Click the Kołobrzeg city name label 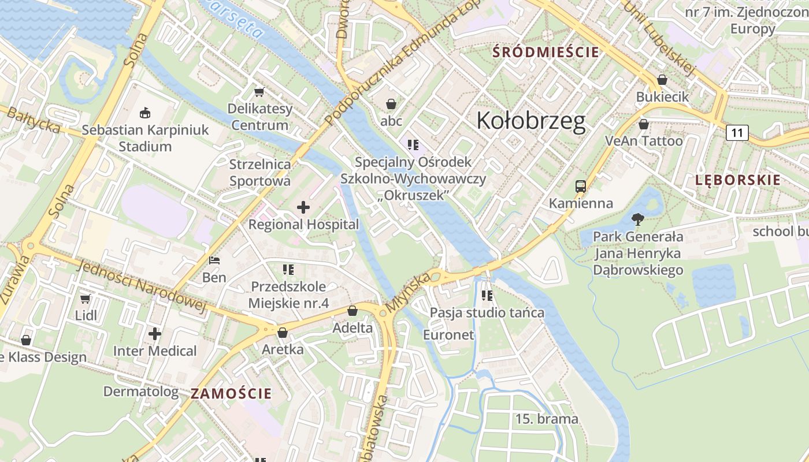pos(530,121)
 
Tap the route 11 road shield pos(737,133)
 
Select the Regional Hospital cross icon pos(303,207)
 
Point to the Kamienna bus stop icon pos(581,187)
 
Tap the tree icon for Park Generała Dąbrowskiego pos(638,219)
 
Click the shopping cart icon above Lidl pos(86,299)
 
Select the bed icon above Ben pos(214,260)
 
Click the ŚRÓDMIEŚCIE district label pos(545,52)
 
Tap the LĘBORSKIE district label pos(737,180)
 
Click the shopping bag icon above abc pos(391,104)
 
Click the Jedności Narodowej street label pos(141,287)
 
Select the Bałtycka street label pos(33,120)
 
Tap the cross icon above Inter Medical pos(154,334)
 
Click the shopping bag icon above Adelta pos(352,311)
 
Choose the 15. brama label pos(546,419)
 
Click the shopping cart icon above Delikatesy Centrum pos(259,92)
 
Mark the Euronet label pos(448,335)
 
